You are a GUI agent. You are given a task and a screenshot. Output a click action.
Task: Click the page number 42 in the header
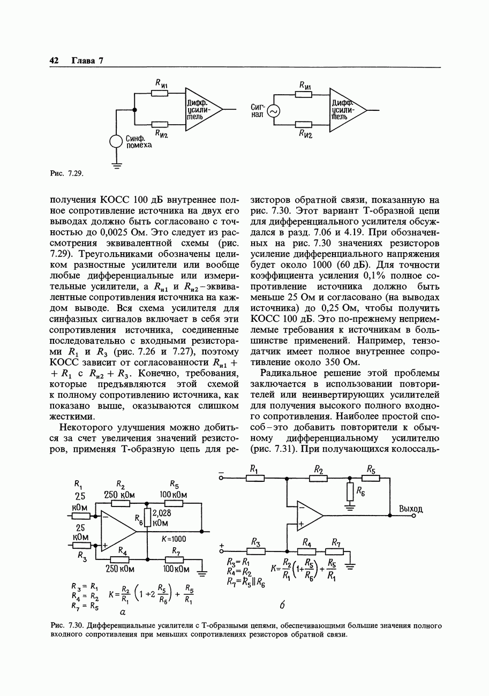54,60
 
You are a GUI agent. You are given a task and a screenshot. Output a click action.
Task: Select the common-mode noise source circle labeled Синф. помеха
116,141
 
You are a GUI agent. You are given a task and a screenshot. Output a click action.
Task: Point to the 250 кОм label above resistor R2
119,495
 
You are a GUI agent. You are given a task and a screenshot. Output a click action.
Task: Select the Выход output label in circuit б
411,509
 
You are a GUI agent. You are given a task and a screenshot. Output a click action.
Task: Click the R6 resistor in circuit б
350,491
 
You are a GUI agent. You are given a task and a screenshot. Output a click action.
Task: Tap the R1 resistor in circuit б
255,478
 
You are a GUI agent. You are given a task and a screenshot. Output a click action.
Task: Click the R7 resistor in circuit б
335,551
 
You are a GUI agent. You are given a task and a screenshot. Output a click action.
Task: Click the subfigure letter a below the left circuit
123,611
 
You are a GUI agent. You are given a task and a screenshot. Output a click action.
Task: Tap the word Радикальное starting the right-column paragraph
289,373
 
